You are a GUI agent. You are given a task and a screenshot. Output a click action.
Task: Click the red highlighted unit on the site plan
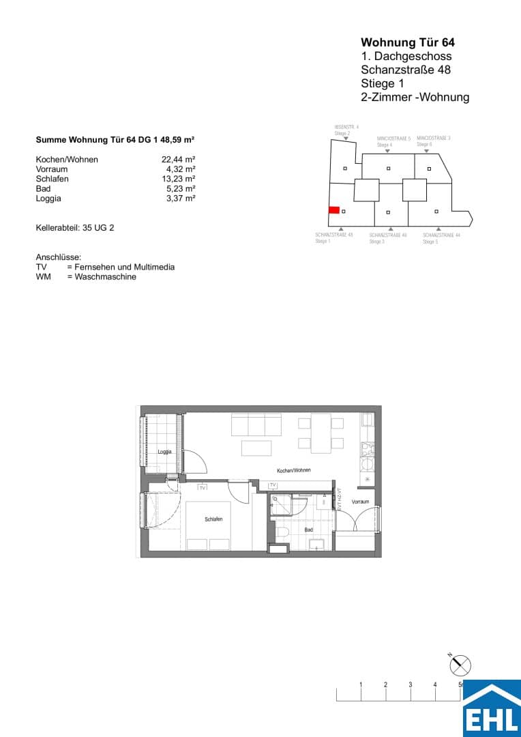coord(334,210)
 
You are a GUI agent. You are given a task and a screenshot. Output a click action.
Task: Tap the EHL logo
coord(492,708)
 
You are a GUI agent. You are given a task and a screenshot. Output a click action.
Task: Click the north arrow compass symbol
coord(462,664)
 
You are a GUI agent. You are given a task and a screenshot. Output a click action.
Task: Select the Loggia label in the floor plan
coord(164,452)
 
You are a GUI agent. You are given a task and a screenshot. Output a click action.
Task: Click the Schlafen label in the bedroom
coord(213,519)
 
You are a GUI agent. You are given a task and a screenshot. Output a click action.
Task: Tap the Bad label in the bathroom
coord(309,530)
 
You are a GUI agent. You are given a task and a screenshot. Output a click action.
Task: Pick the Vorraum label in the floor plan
coord(360,502)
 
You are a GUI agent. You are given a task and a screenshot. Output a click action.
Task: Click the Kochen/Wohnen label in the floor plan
coord(294,471)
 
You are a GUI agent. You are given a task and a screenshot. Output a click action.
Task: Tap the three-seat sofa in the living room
coord(256,425)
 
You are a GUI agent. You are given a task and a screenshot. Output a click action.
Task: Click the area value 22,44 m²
coord(182,160)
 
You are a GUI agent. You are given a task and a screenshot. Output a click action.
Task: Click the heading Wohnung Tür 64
coord(407,42)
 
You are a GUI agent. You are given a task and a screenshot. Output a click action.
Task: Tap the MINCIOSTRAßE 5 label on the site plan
coord(393,139)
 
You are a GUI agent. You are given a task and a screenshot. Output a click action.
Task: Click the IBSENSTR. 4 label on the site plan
coord(346,128)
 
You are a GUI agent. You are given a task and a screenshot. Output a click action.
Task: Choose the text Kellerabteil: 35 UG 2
coord(75,228)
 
